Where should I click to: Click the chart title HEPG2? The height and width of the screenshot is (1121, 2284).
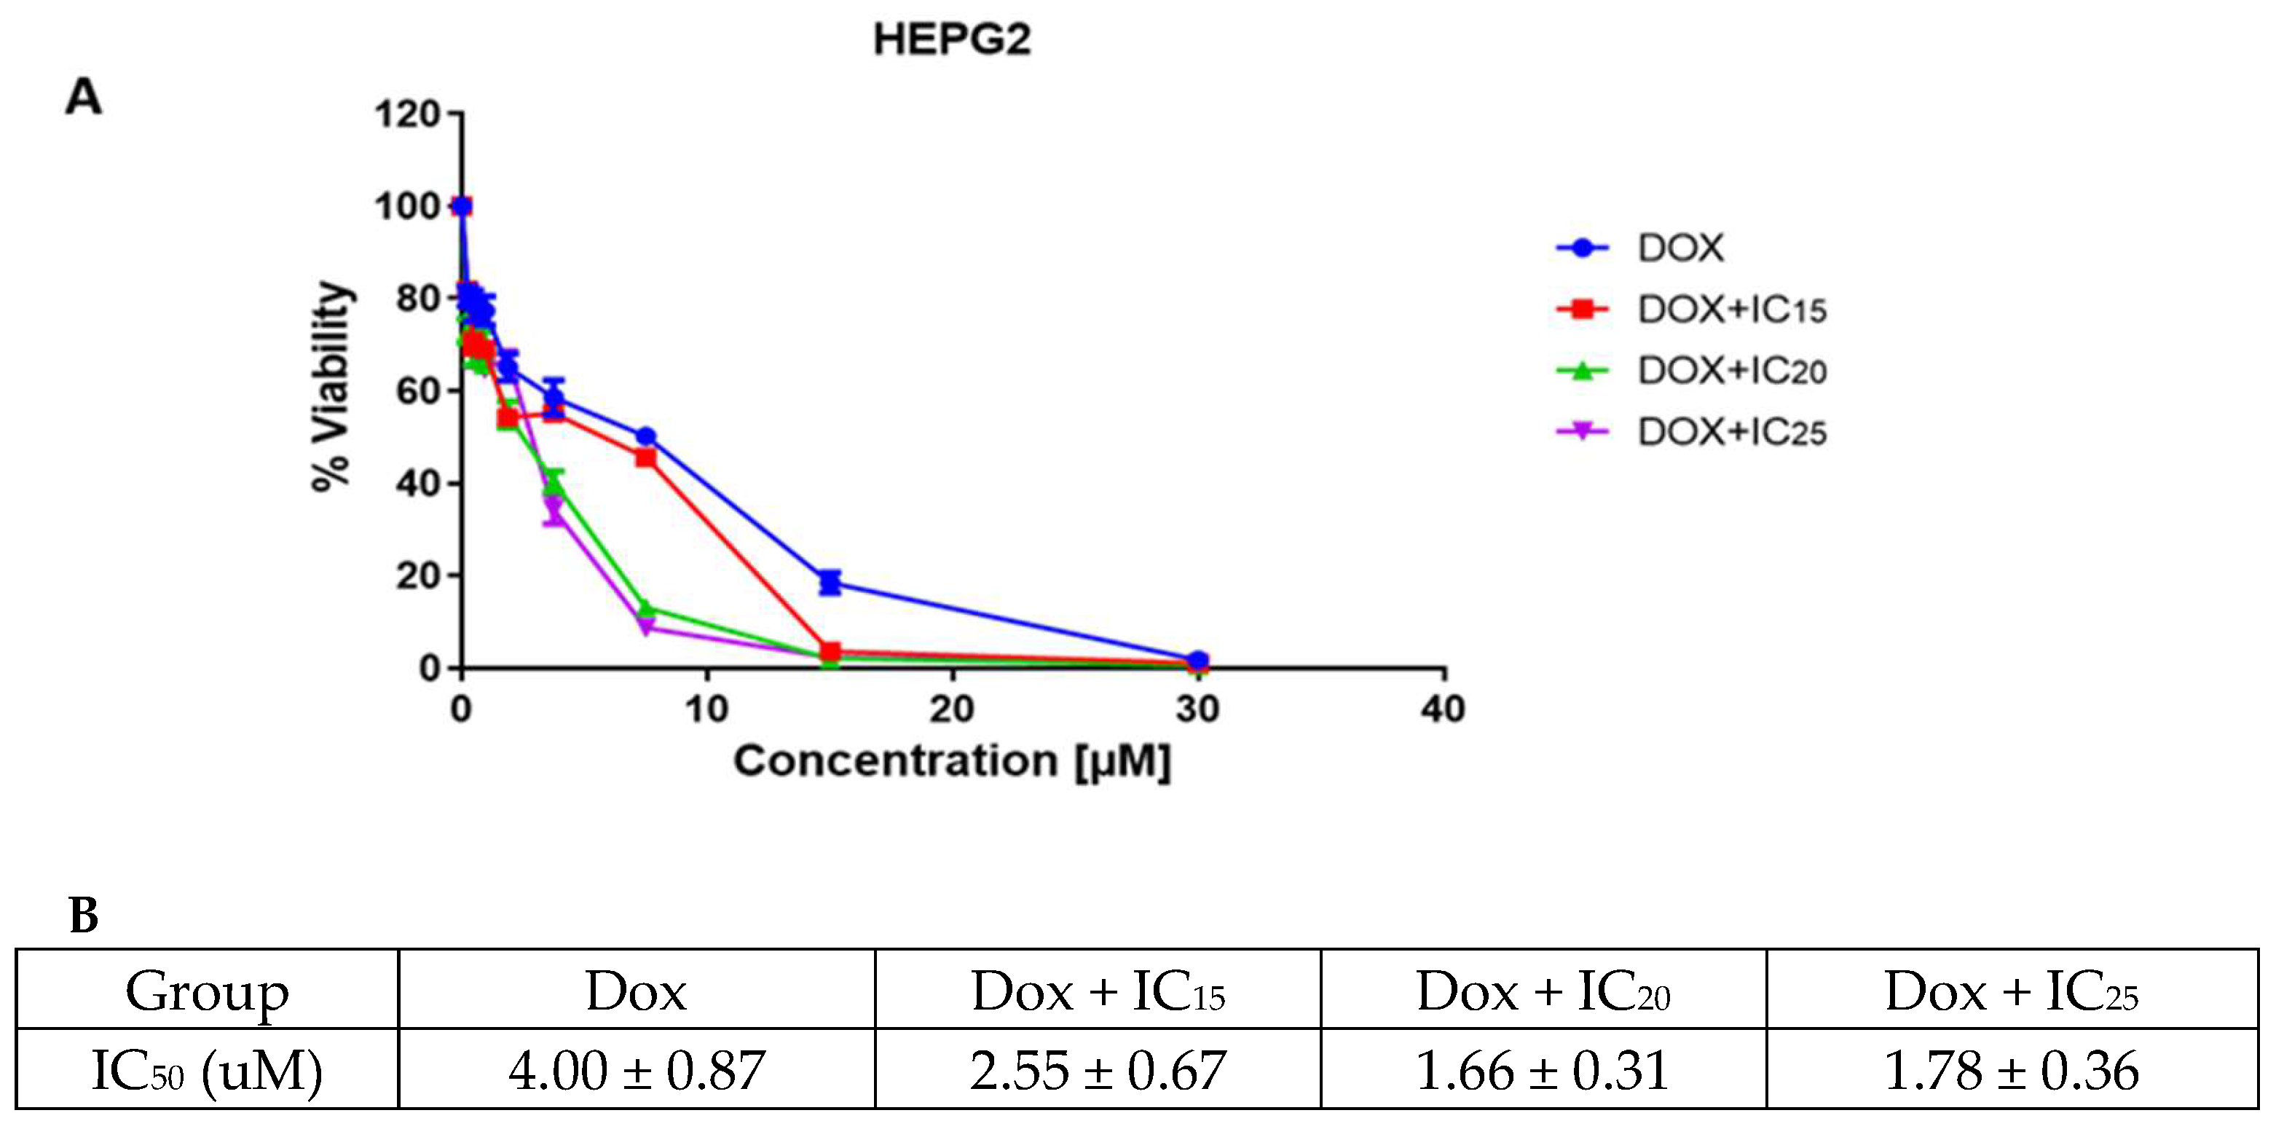coord(951,40)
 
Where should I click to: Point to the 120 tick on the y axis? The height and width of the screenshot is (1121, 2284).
coord(407,114)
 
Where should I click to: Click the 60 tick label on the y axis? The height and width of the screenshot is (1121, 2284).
coord(417,391)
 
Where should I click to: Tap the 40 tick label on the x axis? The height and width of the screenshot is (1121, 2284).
coord(1443,709)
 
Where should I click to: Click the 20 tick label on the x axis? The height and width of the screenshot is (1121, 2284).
coord(951,709)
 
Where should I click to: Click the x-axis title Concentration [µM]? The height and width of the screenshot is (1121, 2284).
coord(951,762)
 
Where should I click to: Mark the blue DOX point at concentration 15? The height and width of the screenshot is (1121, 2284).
coord(829,583)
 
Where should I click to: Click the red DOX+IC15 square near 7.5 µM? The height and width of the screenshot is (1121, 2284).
coord(645,457)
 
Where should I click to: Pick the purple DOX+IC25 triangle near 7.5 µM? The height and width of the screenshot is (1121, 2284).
coord(645,628)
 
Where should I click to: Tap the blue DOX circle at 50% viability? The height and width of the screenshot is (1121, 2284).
coord(645,436)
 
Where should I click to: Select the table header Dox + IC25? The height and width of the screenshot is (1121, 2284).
coord(2011,991)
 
